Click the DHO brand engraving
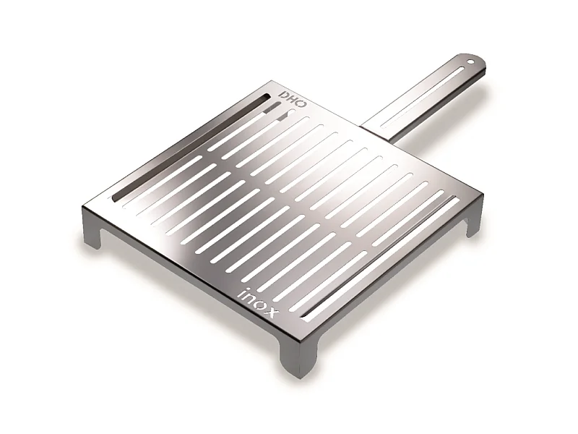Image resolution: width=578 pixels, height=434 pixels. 293,101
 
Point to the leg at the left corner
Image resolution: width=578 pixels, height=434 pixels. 92,230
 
